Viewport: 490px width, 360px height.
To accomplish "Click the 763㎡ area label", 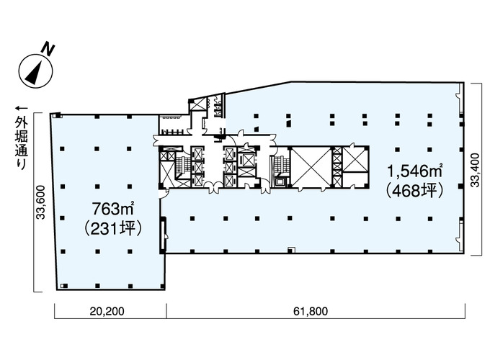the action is coord(113,209).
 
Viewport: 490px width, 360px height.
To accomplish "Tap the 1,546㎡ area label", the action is coord(414,171).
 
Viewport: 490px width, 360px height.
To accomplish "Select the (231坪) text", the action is coord(113,228).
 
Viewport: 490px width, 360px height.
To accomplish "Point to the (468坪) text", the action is coord(415,190).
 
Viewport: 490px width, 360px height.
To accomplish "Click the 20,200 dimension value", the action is coord(107,311).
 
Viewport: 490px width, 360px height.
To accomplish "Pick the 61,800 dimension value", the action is coord(311,311).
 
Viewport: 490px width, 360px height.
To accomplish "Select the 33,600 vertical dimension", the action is coord(41,202).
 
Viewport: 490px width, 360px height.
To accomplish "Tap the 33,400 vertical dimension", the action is coord(475,170).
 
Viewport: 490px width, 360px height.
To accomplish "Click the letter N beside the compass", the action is coord(48,50).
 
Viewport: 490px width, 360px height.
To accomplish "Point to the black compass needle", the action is coord(35,73).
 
